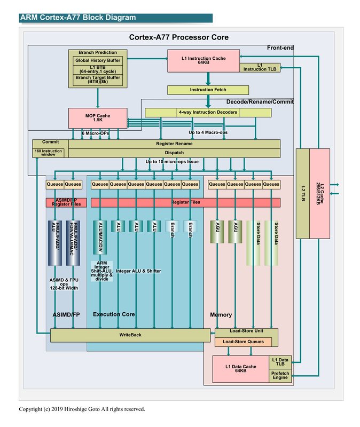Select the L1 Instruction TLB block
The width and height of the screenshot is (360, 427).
pyautogui.click(x=260, y=67)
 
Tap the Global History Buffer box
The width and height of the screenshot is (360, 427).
pyautogui.click(x=98, y=60)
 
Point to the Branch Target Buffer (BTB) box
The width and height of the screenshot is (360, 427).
pyautogui.click(x=98, y=80)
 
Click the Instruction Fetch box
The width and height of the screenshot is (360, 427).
pyautogui.click(x=208, y=90)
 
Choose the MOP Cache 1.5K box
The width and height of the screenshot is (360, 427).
pyautogui.click(x=98, y=117)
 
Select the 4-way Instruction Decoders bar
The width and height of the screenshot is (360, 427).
pyautogui.click(x=208, y=112)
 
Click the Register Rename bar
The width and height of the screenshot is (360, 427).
pyautogui.click(x=174, y=144)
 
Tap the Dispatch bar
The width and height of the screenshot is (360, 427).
pyautogui.click(x=174, y=153)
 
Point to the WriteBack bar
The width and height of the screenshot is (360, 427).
pyautogui.click(x=130, y=335)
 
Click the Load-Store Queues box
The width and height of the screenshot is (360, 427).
pyautogui.click(x=242, y=342)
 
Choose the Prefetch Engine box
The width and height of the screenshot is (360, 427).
pyautogui.click(x=280, y=375)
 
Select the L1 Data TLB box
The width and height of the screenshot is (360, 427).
pyautogui.click(x=280, y=362)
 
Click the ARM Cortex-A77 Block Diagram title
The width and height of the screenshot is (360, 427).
pyautogui.click(x=78, y=18)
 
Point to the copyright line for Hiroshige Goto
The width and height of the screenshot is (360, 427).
pyautogui.click(x=82, y=409)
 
